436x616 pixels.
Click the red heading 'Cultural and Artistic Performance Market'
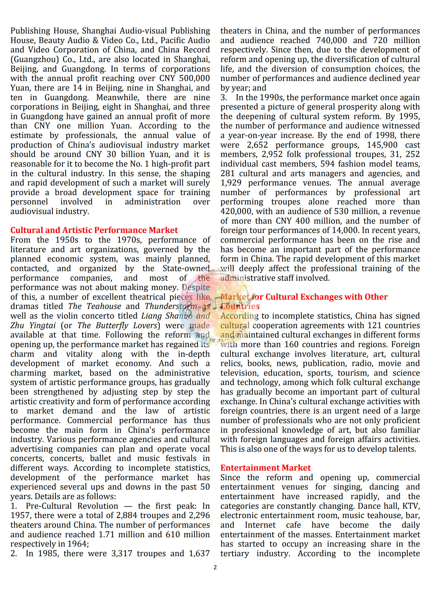[x=94, y=230]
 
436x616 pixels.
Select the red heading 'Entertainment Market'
[x=265, y=468]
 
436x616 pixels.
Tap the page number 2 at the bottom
[x=215, y=567]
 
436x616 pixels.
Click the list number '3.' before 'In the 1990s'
[x=224, y=97]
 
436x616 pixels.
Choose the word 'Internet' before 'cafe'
[x=260, y=525]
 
